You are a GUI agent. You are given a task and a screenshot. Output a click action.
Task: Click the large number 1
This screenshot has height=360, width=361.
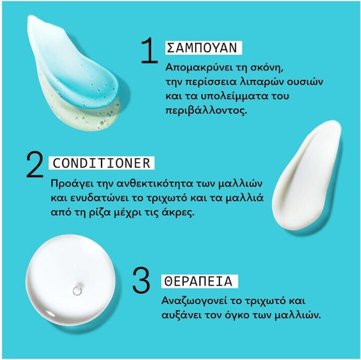149,50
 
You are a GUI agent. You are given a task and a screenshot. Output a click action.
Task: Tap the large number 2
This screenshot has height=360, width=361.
35,164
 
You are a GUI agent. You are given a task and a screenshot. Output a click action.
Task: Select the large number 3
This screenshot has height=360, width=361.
141,280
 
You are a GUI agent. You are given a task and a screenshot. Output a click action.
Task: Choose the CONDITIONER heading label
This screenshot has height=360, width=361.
102,163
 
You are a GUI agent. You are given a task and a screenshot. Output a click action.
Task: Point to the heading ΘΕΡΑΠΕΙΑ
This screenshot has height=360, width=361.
199,281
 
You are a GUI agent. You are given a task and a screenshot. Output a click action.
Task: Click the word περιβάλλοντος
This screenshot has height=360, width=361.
206,111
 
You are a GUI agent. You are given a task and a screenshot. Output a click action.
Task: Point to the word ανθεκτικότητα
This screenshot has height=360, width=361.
155,184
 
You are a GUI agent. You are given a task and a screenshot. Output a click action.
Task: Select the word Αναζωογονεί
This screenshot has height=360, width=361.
194,301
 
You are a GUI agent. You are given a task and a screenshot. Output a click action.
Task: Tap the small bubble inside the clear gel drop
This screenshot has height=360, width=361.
78,290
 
